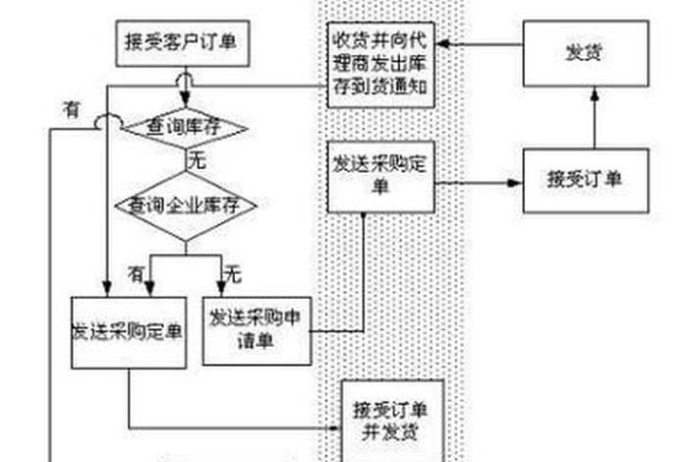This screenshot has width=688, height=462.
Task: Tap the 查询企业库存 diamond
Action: [x=185, y=205]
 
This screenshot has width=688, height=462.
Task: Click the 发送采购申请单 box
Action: [x=255, y=329]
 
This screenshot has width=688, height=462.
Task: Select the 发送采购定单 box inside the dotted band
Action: [x=380, y=176]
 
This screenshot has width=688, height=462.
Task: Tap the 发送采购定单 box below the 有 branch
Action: [x=128, y=331]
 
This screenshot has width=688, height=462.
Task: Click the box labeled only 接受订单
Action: [x=585, y=180]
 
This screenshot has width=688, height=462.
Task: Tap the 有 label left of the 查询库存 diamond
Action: [x=70, y=110]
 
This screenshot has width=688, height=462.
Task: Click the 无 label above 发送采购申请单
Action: [x=233, y=270]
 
